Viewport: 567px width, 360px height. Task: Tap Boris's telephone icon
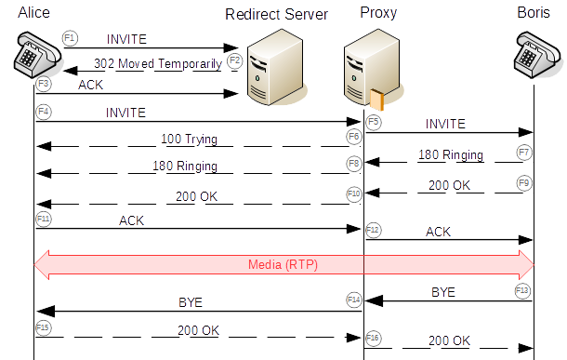pos(534,57)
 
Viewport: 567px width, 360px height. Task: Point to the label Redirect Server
pos(276,14)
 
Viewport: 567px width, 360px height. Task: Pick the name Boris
pos(534,12)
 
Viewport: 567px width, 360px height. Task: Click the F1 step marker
pos(70,36)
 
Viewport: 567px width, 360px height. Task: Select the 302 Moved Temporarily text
pos(158,63)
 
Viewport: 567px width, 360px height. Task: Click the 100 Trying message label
pos(189,140)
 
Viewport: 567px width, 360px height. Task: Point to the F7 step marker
pos(525,152)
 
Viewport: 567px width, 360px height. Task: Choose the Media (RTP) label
pos(283,264)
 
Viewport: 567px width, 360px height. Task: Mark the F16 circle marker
pos(373,337)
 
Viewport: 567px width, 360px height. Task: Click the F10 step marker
pos(353,193)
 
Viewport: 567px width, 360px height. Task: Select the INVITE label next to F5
pos(445,124)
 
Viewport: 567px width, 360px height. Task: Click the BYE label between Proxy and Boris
pos(443,291)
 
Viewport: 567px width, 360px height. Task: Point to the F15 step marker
pos(42,327)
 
